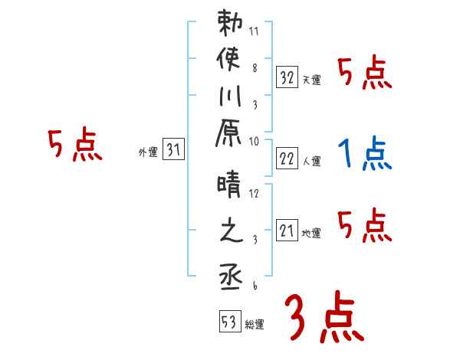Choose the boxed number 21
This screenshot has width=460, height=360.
(x=287, y=229)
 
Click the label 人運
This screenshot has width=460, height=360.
(x=311, y=161)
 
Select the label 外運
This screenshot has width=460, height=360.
(x=148, y=152)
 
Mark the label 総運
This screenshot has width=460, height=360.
(x=255, y=325)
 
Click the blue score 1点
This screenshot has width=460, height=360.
(x=364, y=154)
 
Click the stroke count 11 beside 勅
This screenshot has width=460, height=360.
(x=255, y=33)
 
